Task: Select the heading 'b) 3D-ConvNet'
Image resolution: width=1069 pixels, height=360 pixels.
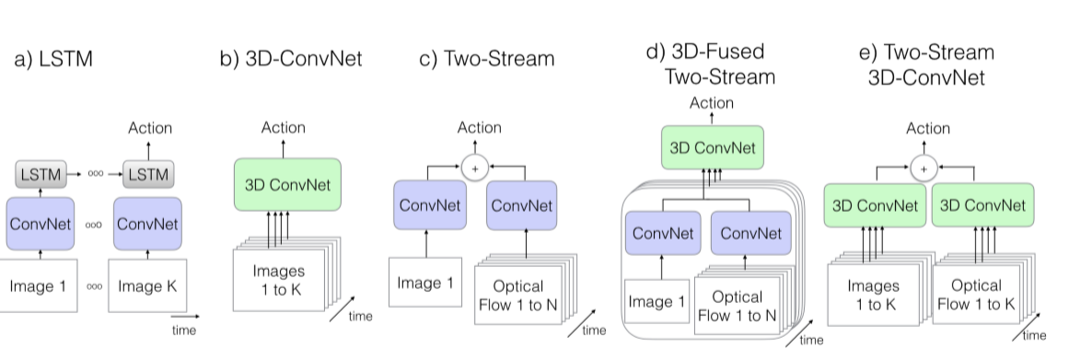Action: coord(290,61)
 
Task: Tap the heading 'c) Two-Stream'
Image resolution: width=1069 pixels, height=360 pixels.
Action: coord(487,61)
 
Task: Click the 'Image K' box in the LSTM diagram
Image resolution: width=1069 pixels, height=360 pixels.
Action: coord(143,285)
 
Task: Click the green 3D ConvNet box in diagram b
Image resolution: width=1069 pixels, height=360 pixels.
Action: coord(287,182)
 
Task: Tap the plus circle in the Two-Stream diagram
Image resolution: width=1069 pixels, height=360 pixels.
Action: coord(475,167)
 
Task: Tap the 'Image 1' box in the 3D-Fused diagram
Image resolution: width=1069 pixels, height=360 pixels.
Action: coord(656,301)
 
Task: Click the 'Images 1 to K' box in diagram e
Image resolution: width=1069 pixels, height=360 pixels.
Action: coord(872,295)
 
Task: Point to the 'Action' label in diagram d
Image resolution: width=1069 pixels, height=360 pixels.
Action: coord(711,103)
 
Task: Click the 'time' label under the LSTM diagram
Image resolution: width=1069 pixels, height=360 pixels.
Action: coord(183,329)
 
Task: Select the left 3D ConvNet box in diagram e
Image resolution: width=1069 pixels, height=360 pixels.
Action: coord(874,205)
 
